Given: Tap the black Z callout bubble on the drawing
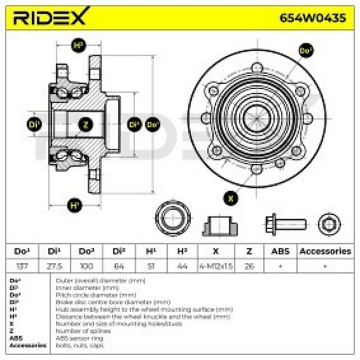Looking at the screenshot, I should point(86,124).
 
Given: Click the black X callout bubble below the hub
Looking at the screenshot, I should point(231,197).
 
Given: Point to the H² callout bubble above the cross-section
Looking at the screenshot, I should point(78,46).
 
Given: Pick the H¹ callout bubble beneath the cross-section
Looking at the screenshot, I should point(75,206).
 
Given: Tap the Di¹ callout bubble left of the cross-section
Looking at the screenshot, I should point(34,124).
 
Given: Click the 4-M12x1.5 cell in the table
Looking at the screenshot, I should point(215,266).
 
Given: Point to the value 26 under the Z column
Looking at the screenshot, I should point(249,266).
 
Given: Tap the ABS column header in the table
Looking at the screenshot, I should point(280,251).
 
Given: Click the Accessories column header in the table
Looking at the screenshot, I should point(325,251).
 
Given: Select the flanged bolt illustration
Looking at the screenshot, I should point(285,224).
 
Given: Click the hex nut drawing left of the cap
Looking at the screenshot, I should point(173,220).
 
